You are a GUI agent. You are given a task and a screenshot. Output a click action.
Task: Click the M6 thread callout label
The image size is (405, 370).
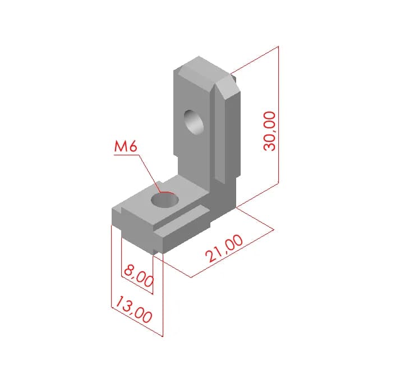tap(126, 147)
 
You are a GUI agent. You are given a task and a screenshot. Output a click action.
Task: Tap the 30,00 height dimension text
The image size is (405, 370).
tap(269, 131)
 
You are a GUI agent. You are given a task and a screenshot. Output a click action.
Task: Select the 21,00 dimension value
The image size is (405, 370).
tap(224, 248)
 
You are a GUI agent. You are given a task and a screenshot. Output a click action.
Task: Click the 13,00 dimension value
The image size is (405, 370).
tap(134, 309)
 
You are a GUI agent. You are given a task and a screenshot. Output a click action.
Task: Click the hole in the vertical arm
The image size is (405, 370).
tap(194, 122)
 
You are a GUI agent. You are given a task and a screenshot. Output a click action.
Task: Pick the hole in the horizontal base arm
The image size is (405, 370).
tap(165, 200)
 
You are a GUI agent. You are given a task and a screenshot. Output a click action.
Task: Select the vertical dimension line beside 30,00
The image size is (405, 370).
tap(278, 114)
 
